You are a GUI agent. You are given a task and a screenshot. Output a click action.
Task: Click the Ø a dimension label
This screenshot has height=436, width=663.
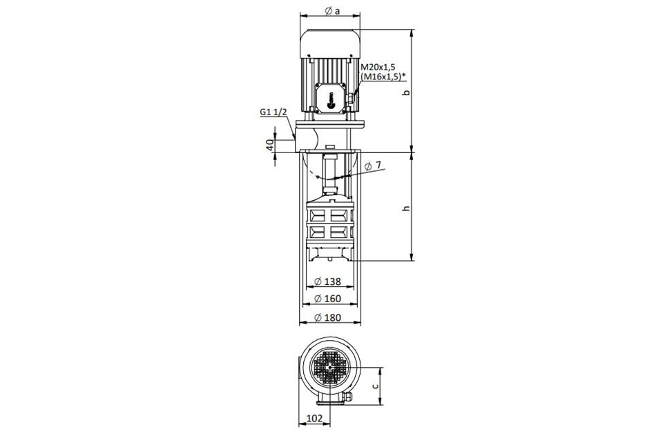333,12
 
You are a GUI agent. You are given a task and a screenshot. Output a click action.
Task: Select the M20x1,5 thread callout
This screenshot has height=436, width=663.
378,67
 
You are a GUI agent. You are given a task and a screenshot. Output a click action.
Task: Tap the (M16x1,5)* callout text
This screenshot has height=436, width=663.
383,77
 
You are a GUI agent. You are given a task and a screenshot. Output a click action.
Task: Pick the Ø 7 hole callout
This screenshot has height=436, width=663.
374,166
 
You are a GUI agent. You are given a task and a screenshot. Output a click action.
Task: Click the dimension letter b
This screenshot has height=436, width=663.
406,92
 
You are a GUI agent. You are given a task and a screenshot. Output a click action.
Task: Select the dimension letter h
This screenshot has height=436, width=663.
406,208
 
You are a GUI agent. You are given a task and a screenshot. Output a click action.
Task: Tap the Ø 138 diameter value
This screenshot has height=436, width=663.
327,281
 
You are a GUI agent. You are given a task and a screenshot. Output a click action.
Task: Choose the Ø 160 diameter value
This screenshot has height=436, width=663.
327,299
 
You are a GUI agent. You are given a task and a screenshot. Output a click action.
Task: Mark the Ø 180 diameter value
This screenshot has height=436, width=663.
327,317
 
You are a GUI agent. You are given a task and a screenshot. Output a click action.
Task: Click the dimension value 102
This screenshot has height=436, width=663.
314,419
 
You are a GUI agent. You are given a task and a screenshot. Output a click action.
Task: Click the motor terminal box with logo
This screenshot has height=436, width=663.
331,98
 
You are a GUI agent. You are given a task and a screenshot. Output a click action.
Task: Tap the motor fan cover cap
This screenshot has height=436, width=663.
330,43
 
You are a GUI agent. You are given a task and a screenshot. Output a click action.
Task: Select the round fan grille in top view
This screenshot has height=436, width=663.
330,368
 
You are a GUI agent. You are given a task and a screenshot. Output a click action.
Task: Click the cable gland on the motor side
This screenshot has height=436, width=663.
351,100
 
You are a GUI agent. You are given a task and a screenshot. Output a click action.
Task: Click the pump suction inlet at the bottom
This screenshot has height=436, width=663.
330,255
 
